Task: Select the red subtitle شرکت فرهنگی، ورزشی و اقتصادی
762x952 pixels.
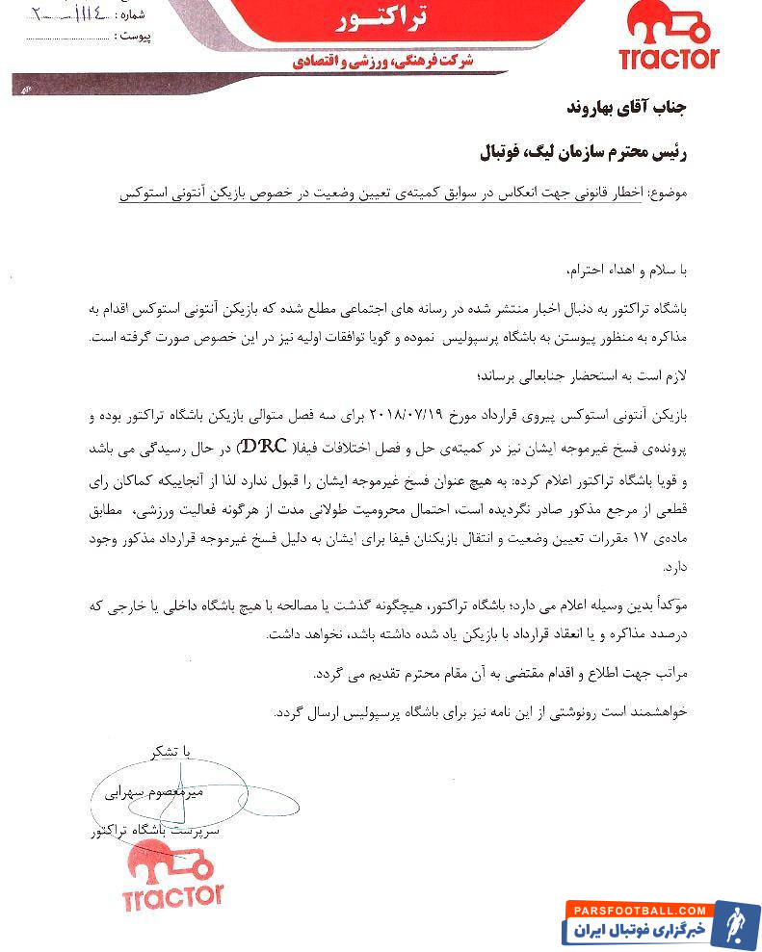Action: point(382,61)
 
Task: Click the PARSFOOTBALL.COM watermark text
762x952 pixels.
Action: point(640,910)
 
